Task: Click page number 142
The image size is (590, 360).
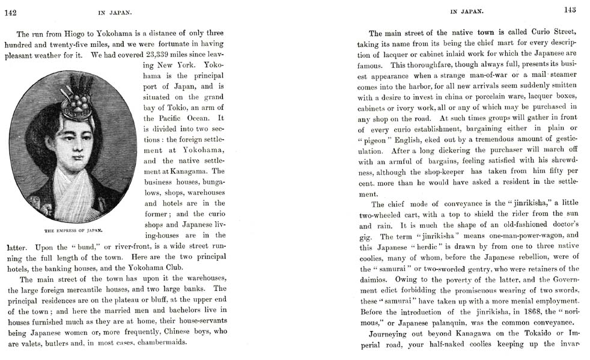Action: click(10, 12)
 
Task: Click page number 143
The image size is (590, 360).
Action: click(570, 10)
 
